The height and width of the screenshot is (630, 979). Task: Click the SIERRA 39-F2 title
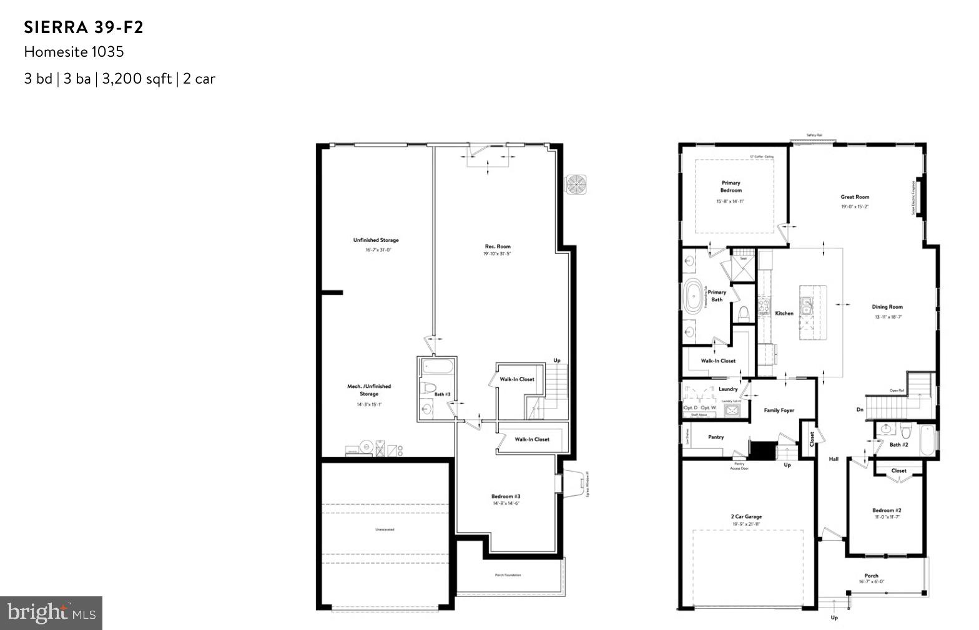click(x=84, y=27)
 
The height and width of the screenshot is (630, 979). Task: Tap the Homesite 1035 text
click(x=74, y=52)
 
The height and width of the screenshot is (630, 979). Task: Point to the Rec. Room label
click(x=498, y=246)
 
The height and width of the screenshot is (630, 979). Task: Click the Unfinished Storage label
click(x=376, y=240)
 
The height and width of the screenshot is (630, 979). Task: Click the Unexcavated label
click(x=385, y=530)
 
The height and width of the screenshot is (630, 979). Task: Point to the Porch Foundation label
click(x=508, y=575)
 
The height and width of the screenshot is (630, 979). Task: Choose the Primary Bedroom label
click(x=731, y=187)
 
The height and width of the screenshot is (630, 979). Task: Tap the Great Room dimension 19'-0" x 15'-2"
click(x=855, y=206)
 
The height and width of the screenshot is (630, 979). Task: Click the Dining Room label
click(x=887, y=307)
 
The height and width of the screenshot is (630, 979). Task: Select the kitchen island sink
click(x=807, y=306)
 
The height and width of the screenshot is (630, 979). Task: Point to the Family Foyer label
click(x=779, y=410)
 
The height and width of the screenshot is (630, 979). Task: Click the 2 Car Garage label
click(x=746, y=516)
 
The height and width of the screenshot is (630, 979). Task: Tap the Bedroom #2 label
click(x=887, y=510)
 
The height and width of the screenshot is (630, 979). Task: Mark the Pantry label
click(x=716, y=437)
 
